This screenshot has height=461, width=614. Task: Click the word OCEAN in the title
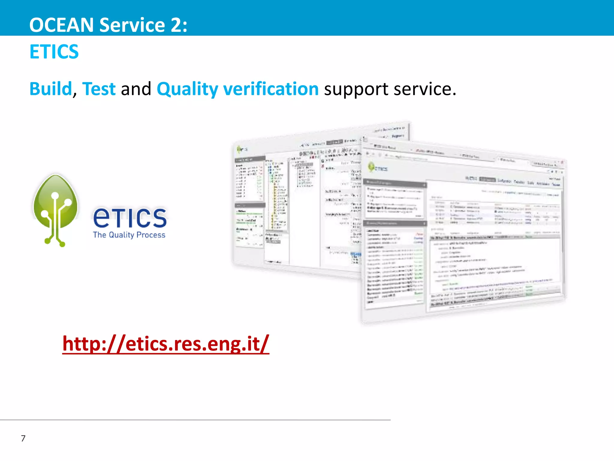(61, 25)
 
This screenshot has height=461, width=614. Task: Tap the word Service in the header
(132, 25)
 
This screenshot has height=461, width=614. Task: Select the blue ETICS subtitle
(54, 52)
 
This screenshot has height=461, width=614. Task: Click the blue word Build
(51, 89)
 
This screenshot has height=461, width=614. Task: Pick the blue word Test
(99, 89)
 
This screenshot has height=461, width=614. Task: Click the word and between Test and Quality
(136, 89)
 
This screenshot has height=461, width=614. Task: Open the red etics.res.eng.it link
(166, 344)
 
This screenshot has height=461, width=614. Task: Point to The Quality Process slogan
(129, 235)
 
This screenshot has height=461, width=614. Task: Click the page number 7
(23, 438)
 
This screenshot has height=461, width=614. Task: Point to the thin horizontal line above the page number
(195, 420)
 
